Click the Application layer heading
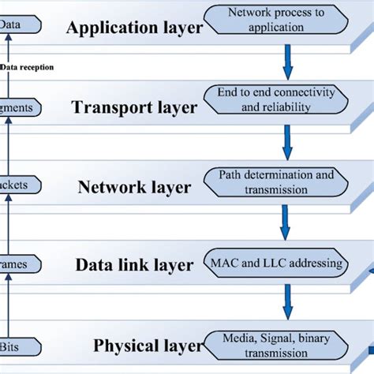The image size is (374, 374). click(x=134, y=28)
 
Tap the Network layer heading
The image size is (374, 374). click(x=134, y=187)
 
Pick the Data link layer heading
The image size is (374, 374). click(x=134, y=265)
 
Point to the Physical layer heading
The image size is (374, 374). click(x=143, y=346)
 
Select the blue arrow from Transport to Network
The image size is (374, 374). click(x=287, y=139)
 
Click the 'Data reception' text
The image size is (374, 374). click(x=27, y=68)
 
